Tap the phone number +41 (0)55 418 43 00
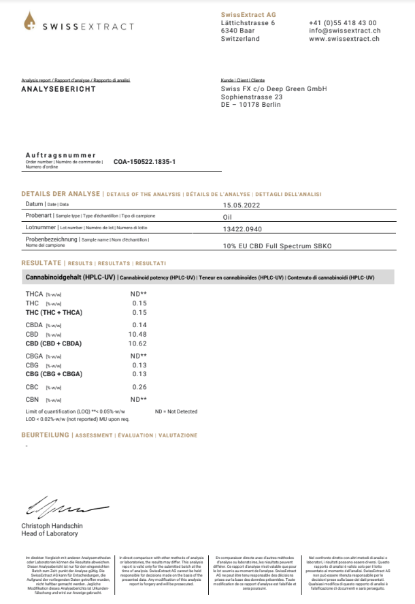coord(342,22)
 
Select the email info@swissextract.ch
coord(344,31)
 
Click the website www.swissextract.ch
coord(344,39)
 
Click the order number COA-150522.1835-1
coord(144,162)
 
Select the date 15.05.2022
coord(241,204)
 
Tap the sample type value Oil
coord(228,216)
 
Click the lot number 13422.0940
coord(242,228)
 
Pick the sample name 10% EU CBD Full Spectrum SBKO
coord(277,246)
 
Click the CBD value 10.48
coord(138,334)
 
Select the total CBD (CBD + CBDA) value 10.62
coord(138,343)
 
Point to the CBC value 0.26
coord(139,387)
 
